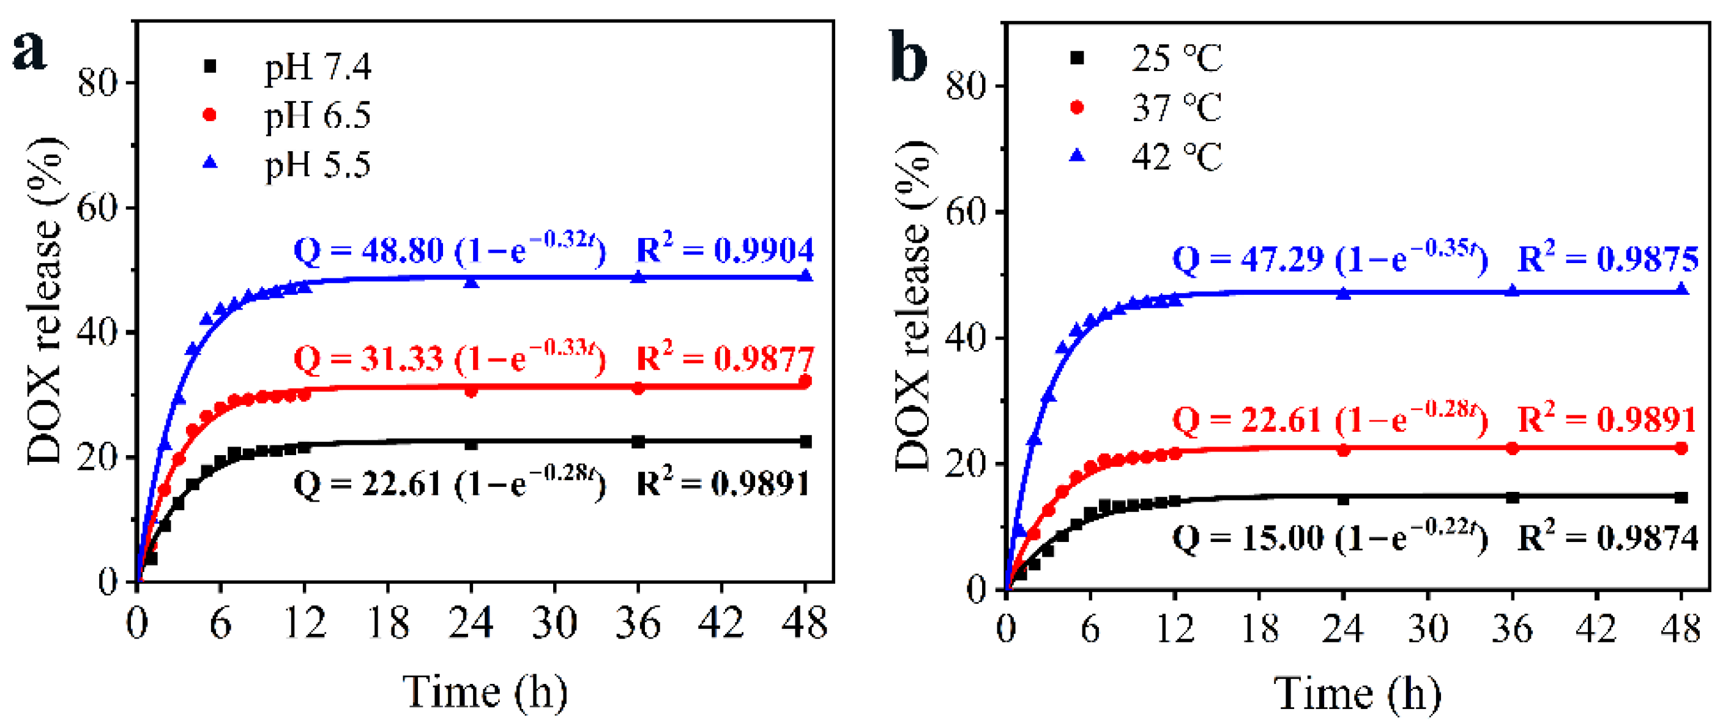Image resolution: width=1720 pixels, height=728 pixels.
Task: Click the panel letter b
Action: pyautogui.click(x=909, y=57)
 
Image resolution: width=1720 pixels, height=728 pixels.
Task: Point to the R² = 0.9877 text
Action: pyautogui.click(x=724, y=358)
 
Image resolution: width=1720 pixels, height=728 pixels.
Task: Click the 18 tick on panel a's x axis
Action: pyautogui.click(x=388, y=623)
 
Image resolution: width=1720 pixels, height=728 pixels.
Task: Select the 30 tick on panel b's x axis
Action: pyautogui.click(x=1428, y=628)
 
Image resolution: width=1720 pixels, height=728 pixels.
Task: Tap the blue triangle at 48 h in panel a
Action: pyautogui.click(x=806, y=275)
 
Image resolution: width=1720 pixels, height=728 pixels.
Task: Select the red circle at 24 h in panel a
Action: pyautogui.click(x=471, y=391)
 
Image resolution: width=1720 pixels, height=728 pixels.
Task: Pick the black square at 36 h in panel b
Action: pyautogui.click(x=1513, y=498)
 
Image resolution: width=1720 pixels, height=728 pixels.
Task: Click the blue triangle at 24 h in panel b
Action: pyautogui.click(x=1344, y=294)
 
